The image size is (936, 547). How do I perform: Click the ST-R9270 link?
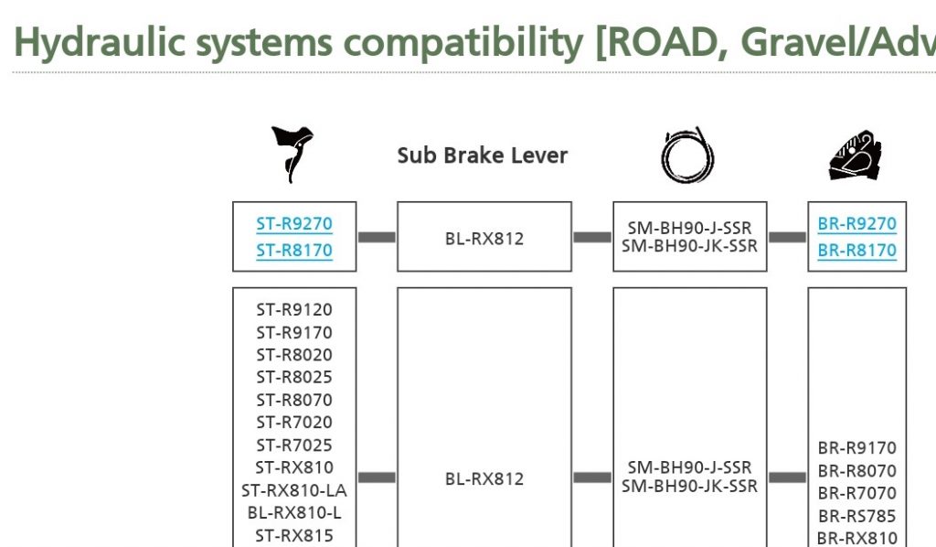pos(294,224)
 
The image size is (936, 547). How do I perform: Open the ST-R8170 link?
pos(294,251)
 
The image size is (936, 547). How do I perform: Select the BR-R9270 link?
pos(857,224)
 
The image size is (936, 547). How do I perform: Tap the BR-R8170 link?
pos(857,251)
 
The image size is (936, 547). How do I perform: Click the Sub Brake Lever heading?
pos(483,156)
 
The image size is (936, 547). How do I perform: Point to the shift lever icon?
pos(293,154)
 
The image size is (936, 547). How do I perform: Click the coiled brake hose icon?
pos(688,155)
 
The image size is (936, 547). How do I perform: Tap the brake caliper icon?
pos(856,155)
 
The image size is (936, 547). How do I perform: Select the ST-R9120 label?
pos(294,310)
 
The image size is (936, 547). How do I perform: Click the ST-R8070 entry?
pos(294,400)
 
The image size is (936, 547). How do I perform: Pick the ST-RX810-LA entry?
pos(294,491)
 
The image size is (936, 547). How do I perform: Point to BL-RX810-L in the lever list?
pos(294,513)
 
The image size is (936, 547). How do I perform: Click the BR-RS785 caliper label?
pos(857,516)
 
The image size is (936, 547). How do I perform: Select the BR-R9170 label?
pos(857,448)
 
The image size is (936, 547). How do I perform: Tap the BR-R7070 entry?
pos(857,493)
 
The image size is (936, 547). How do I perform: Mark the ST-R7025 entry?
pos(294,445)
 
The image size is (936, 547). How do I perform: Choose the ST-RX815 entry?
pos(294,536)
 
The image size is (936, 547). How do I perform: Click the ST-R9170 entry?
pos(294,333)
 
